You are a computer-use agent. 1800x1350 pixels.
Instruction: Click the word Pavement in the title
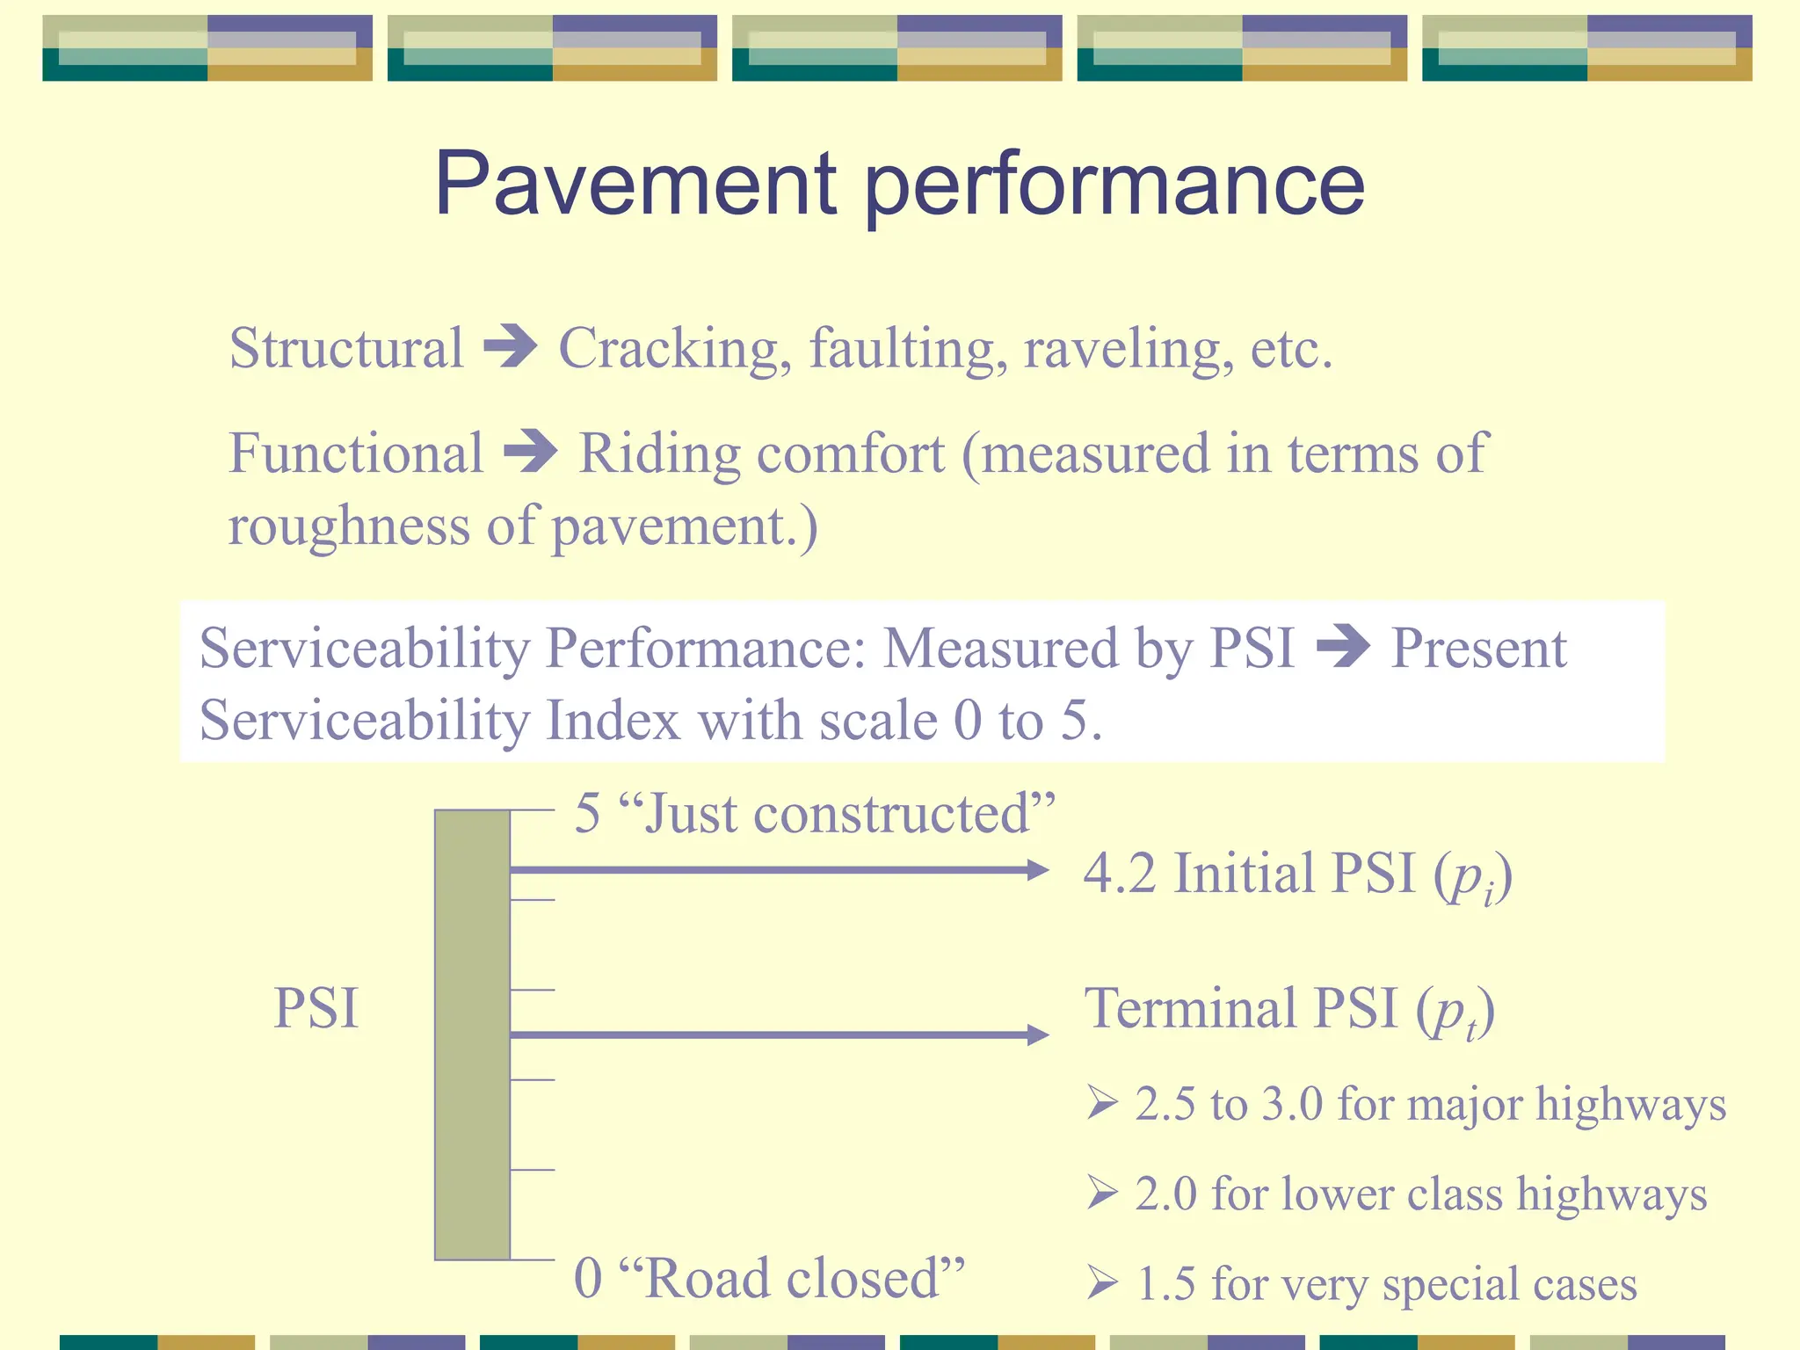coord(635,184)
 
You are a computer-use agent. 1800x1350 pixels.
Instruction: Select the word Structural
coord(345,348)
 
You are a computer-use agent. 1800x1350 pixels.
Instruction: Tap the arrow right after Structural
coord(511,346)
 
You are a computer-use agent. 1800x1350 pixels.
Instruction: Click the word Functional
coord(356,454)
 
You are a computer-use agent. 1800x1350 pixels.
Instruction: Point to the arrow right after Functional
coord(531,452)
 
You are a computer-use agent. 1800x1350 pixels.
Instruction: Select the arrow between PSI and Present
coord(1343,647)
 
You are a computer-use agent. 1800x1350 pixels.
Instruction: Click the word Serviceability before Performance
coord(365,649)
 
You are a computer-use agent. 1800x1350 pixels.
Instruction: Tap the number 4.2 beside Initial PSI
coord(1119,874)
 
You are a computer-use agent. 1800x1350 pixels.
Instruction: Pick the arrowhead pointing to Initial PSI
coord(1038,870)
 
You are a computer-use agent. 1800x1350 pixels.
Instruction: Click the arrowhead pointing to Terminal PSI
coord(1038,1034)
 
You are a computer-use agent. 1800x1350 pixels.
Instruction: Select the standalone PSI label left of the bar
coord(316,1008)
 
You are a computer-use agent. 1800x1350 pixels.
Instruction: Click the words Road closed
coord(791,1278)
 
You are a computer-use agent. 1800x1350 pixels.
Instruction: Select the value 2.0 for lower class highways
coord(1165,1194)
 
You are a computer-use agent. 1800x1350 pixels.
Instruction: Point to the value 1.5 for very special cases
coord(1165,1284)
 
